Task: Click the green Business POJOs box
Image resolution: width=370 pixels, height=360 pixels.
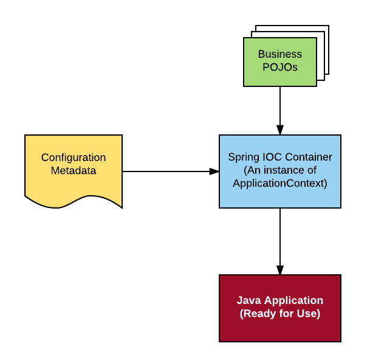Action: point(279,61)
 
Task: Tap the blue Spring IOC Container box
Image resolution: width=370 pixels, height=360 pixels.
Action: point(279,171)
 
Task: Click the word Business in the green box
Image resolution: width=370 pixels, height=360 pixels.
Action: point(279,54)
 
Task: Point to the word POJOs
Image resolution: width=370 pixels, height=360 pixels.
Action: point(279,67)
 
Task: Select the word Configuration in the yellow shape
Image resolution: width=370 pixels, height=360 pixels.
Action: point(74,157)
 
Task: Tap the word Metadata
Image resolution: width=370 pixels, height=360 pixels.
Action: point(74,170)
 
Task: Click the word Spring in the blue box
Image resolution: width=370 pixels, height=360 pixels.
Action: point(241,157)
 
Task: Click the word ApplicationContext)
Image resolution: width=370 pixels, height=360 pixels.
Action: point(279,183)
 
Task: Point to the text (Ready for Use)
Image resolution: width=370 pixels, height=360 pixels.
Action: point(279,314)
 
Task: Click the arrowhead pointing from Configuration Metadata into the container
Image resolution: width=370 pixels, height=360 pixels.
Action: point(214,171)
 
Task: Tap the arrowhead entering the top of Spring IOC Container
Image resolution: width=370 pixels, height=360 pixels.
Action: point(279,130)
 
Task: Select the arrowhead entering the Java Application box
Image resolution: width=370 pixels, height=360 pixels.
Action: point(279,270)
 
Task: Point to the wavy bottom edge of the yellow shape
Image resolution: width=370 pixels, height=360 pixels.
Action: point(73,201)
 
